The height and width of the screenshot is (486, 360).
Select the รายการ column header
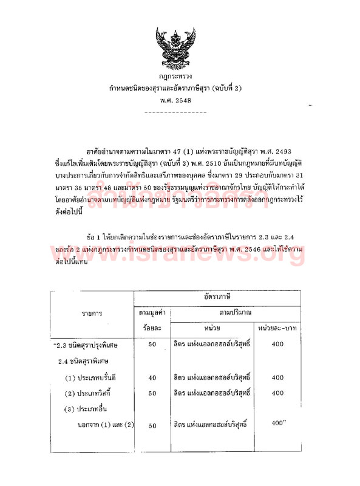[92, 314]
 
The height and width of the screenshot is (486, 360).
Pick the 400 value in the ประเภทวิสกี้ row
[277, 393]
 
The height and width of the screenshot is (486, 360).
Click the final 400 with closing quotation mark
[279, 423]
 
